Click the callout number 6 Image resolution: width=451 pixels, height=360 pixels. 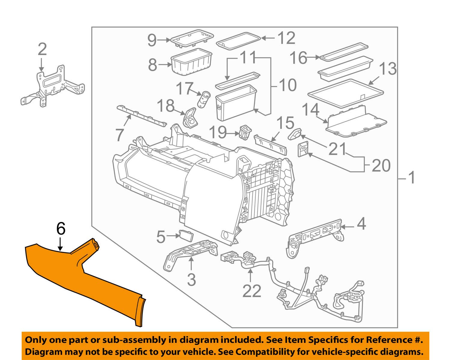pyautogui.click(x=61, y=229)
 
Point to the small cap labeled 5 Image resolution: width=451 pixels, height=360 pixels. pyautogui.click(x=186, y=235)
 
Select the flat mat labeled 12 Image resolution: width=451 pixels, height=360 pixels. pyautogui.click(x=238, y=41)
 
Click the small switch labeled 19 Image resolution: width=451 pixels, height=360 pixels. pyautogui.click(x=245, y=132)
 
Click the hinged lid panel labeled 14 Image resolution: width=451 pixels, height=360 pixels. pyautogui.click(x=356, y=122)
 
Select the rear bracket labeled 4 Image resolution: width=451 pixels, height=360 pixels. pyautogui.click(x=314, y=236)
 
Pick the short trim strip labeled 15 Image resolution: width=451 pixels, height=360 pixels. pyautogui.click(x=270, y=144)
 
